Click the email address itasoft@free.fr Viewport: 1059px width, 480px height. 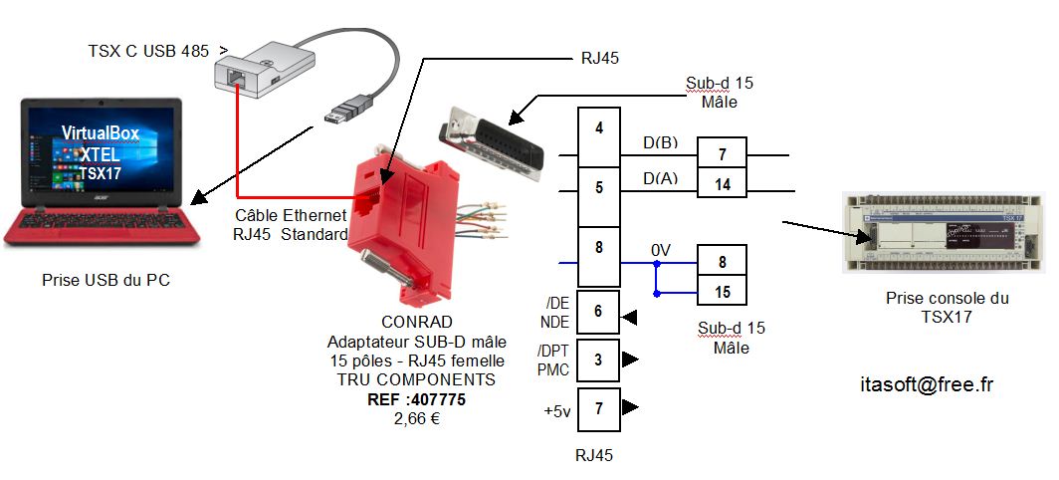click(x=926, y=384)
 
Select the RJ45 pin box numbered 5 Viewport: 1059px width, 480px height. click(x=599, y=186)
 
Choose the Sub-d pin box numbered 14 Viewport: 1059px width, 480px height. click(x=722, y=184)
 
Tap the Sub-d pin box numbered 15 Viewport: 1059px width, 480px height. click(x=722, y=292)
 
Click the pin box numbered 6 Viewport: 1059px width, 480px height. click(x=598, y=311)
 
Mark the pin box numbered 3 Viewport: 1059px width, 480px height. click(x=598, y=359)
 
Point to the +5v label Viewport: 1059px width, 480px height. click(x=557, y=409)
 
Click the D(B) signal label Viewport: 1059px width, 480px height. click(x=660, y=142)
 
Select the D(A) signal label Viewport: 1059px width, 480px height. click(x=660, y=179)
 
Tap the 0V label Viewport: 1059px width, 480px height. click(x=661, y=248)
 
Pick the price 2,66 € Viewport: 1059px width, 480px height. click(x=417, y=418)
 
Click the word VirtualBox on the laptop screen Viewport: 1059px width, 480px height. click(x=101, y=132)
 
